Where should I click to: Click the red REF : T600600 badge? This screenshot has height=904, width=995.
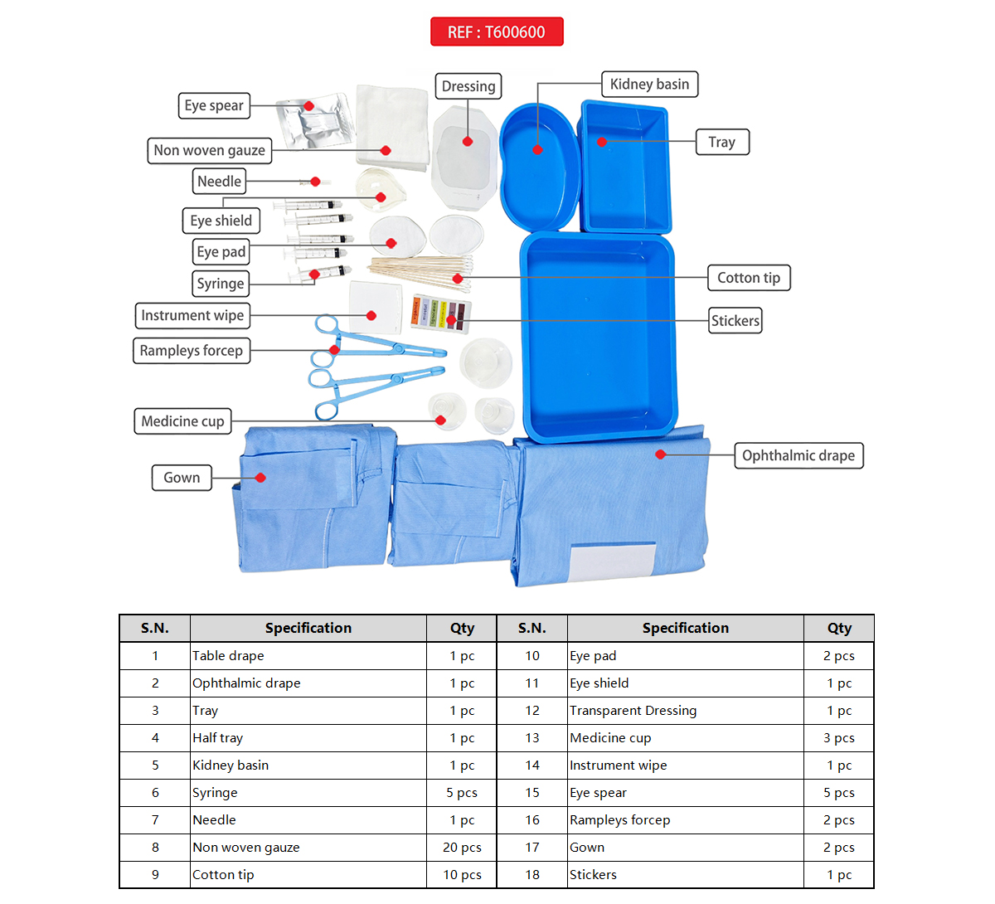pyautogui.click(x=497, y=32)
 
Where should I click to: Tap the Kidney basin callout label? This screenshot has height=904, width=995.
pyautogui.click(x=649, y=85)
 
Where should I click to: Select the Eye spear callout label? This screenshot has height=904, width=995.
pyautogui.click(x=214, y=106)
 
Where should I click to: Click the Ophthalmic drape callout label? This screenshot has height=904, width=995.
pyautogui.click(x=798, y=456)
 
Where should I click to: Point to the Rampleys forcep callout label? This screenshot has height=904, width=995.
pyautogui.click(x=192, y=351)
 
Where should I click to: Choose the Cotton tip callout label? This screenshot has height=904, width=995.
pyautogui.click(x=749, y=278)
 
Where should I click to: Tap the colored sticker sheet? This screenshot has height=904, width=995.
pyautogui.click(x=441, y=313)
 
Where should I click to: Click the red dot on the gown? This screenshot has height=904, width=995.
pyautogui.click(x=260, y=478)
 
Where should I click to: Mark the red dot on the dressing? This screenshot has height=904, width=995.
pyautogui.click(x=468, y=141)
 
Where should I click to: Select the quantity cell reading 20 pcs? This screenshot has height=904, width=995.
pyautogui.click(x=462, y=848)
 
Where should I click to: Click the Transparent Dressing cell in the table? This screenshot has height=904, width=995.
pyautogui.click(x=633, y=711)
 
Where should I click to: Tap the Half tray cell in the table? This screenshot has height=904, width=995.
pyautogui.click(x=218, y=738)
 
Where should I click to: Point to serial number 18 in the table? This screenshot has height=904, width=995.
pyautogui.click(x=532, y=875)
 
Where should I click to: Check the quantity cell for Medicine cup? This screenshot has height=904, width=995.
pyautogui.click(x=839, y=738)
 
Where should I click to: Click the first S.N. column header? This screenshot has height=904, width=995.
pyautogui.click(x=155, y=629)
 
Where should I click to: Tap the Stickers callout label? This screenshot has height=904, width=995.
pyautogui.click(x=735, y=321)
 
